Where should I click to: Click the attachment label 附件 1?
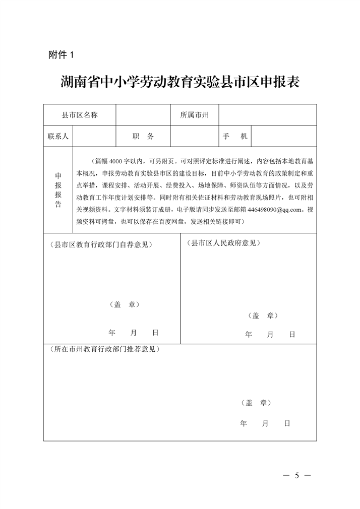61,55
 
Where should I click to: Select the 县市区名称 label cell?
80,115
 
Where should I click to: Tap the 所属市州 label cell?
194,115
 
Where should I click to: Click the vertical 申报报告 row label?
58,190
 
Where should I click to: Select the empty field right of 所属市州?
267,115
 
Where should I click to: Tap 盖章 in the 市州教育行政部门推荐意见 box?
256,403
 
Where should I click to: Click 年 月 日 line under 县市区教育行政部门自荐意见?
134,333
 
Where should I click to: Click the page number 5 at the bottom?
297,476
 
